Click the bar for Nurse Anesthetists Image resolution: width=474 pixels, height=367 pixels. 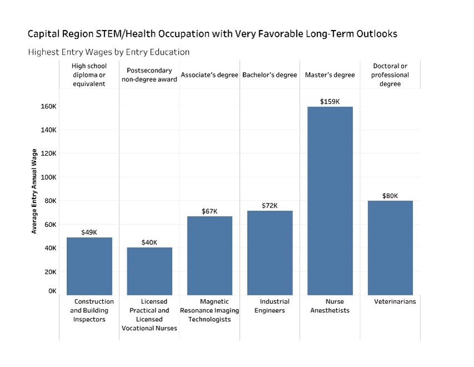tap(330, 200)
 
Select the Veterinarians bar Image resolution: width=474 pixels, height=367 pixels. tap(390, 247)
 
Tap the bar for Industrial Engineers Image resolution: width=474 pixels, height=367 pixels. tap(269, 252)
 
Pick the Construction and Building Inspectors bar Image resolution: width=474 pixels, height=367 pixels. tap(89, 266)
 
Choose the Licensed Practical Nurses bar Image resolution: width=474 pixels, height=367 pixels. tap(149, 271)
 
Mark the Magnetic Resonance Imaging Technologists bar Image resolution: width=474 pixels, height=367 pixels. tap(209, 255)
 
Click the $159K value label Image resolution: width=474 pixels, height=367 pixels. tap(330, 101)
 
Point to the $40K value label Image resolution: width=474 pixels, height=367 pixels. tap(149, 242)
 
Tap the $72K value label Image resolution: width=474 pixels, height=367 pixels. tap(270, 206)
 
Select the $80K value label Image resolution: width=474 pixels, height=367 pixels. tap(390, 196)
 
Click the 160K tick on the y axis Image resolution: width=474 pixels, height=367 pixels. tap(48, 106)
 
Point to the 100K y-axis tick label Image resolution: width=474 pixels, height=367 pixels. tap(48, 177)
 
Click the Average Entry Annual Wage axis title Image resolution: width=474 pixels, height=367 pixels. tap(34, 191)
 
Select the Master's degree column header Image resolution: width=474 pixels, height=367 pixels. tap(330, 75)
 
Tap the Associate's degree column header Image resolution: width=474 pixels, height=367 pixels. tap(209, 75)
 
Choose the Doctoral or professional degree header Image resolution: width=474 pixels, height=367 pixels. tap(390, 75)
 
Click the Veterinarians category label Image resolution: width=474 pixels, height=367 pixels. tap(395, 301)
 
